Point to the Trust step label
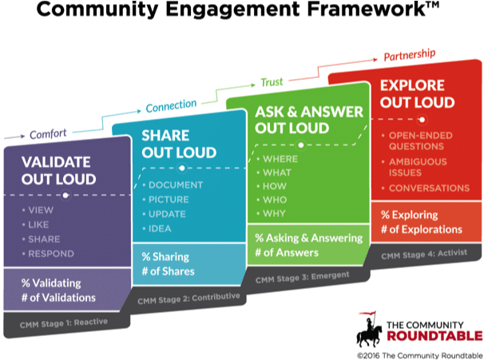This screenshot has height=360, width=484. click(272, 82)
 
